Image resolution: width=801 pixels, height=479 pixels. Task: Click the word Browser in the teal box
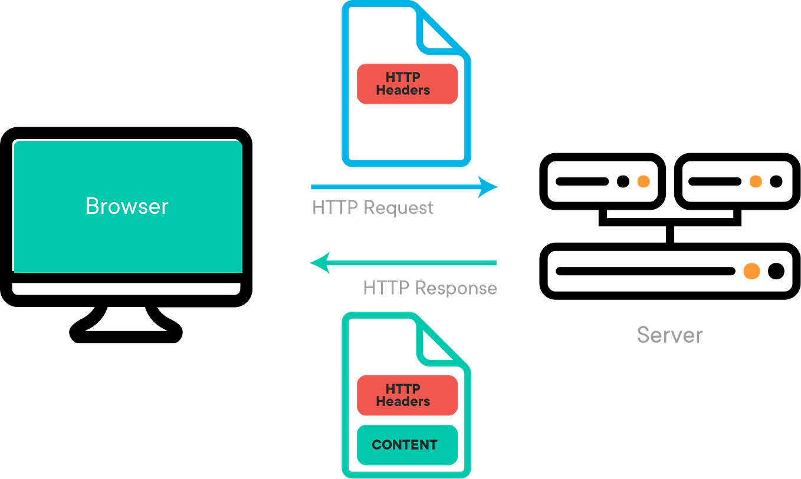[127, 206]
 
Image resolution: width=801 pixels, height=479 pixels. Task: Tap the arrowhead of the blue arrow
[490, 187]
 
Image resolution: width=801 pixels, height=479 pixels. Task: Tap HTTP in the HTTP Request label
[334, 208]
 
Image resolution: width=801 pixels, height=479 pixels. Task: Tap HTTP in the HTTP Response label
[385, 288]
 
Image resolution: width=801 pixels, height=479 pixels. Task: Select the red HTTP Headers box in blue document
[407, 84]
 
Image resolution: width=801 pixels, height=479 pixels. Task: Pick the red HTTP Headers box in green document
[407, 395]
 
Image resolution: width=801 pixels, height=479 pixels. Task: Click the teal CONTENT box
[407, 445]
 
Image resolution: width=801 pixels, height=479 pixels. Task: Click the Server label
[669, 335]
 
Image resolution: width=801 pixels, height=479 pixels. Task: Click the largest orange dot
[751, 271]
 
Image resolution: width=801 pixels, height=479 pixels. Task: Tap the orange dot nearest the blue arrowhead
[644, 181]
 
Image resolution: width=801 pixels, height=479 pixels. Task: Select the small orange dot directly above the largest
[756, 181]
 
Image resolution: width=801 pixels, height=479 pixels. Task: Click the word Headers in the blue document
[403, 91]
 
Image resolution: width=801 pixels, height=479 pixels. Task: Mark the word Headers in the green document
[403, 402]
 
